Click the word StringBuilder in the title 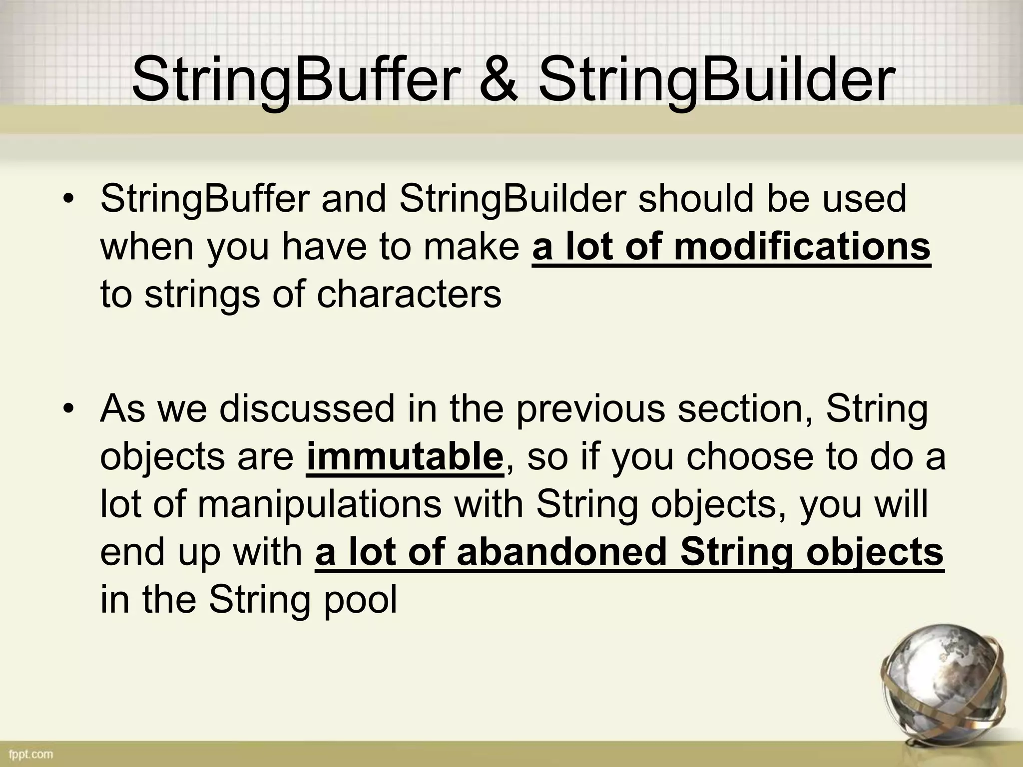pos(715,80)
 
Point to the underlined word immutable pos(405,457)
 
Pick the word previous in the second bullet pos(590,408)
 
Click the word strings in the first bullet pos(202,295)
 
